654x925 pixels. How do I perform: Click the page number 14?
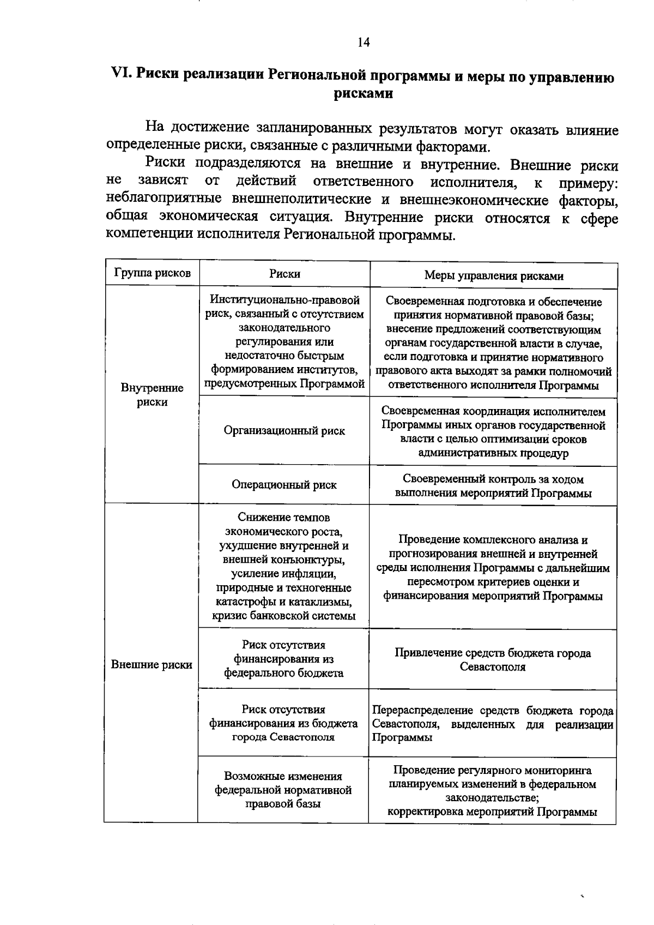(x=364, y=43)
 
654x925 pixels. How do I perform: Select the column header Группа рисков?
(x=152, y=274)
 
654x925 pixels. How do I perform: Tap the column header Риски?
(x=284, y=274)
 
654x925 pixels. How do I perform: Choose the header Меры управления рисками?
(x=493, y=275)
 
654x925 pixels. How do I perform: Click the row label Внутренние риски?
(x=152, y=395)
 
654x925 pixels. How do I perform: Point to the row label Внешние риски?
(x=152, y=664)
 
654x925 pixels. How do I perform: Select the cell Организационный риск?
(x=284, y=430)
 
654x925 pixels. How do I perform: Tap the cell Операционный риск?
(x=284, y=484)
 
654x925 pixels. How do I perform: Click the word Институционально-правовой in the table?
(x=285, y=300)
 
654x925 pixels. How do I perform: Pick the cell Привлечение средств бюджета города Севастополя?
(x=493, y=659)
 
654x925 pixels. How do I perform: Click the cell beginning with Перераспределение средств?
(x=493, y=724)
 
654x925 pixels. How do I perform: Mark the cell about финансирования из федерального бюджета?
(x=283, y=659)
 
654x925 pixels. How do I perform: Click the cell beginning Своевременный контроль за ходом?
(x=493, y=486)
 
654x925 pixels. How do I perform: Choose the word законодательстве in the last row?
(x=491, y=797)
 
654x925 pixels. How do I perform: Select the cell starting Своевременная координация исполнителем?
(x=493, y=432)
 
